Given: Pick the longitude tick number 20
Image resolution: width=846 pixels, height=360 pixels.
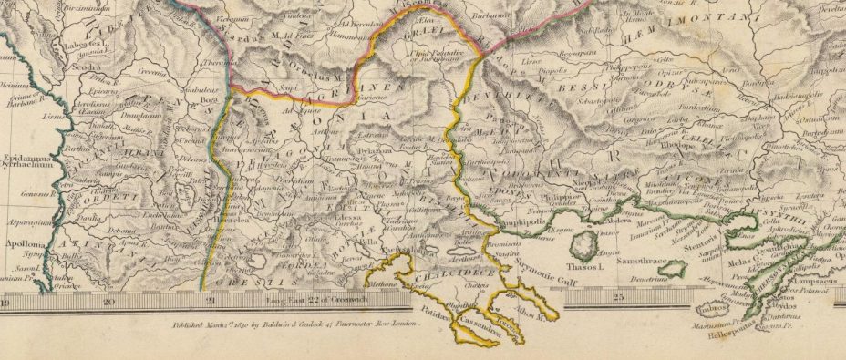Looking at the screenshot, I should [109, 299].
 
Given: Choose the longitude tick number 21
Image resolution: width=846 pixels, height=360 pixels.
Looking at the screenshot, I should [211, 299].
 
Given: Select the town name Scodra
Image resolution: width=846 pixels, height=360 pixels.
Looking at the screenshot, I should [64, 67].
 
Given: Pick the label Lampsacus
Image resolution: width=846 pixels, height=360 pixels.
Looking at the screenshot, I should [808, 284].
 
